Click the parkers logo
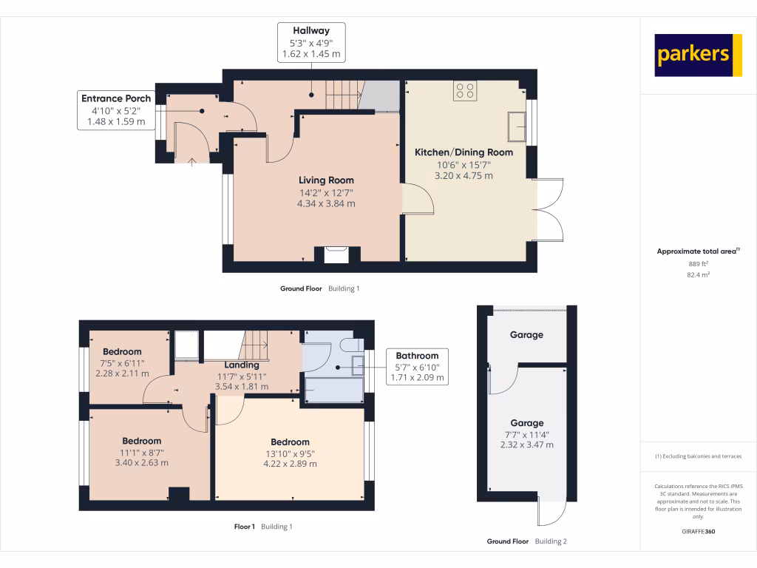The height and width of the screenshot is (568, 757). pos(698,55)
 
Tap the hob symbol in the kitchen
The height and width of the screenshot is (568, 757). pos(466,90)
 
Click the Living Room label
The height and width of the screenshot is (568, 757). pos(326,180)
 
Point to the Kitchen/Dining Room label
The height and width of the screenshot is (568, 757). pos(464,152)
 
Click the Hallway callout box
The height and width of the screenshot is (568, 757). pos(310,42)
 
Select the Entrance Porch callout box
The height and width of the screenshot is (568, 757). pos(116,110)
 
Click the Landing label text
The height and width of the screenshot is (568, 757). pos(242,365)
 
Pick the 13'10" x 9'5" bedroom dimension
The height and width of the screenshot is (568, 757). pos(290,453)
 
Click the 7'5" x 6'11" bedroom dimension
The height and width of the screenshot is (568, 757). pos(122,363)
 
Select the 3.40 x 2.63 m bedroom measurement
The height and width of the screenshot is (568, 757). pos(143,463)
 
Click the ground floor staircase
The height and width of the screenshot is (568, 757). pos(342,95)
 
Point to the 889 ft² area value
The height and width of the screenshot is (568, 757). pos(698,264)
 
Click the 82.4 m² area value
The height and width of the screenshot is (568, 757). pos(698,274)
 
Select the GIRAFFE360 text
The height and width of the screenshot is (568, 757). pos(698,532)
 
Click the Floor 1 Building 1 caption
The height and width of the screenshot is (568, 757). pos(263,527)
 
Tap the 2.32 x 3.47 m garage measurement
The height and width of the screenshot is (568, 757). pos(526,444)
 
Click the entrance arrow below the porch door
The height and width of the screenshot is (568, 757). pos(191,160)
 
